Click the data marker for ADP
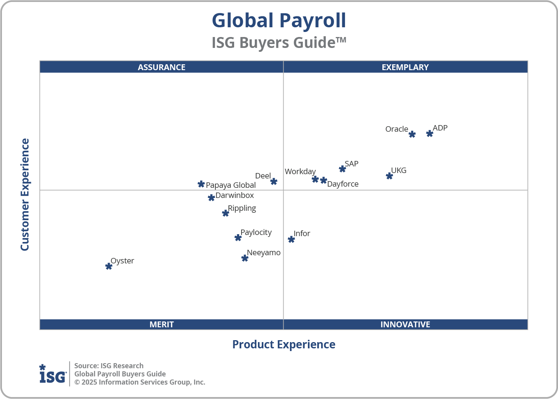(x=430, y=134)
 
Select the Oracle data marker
(x=412, y=134)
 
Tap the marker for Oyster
(x=109, y=267)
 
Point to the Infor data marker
(x=291, y=239)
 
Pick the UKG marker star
(x=389, y=176)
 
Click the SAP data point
(x=342, y=169)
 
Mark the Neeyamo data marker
(x=245, y=258)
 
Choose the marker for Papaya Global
(x=201, y=184)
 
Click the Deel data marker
(x=274, y=182)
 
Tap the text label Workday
(x=300, y=171)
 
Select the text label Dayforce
(x=343, y=184)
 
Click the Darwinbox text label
(x=235, y=195)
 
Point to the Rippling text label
(x=242, y=208)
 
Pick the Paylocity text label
(x=256, y=232)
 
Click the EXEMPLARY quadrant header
(x=405, y=67)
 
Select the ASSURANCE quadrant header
(x=162, y=67)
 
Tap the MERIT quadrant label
(x=162, y=324)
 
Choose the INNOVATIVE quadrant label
(x=405, y=324)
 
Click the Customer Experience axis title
(x=25, y=194)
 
